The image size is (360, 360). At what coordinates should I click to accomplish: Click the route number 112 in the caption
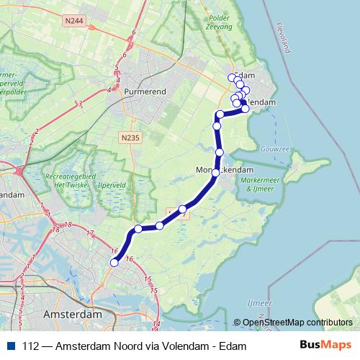[31, 346]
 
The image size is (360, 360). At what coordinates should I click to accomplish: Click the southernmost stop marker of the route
[114, 263]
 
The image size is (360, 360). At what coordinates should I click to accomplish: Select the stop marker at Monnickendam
[215, 173]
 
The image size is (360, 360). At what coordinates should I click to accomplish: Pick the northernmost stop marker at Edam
[232, 77]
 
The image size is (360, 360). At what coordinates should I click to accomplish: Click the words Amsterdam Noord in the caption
[95, 346]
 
